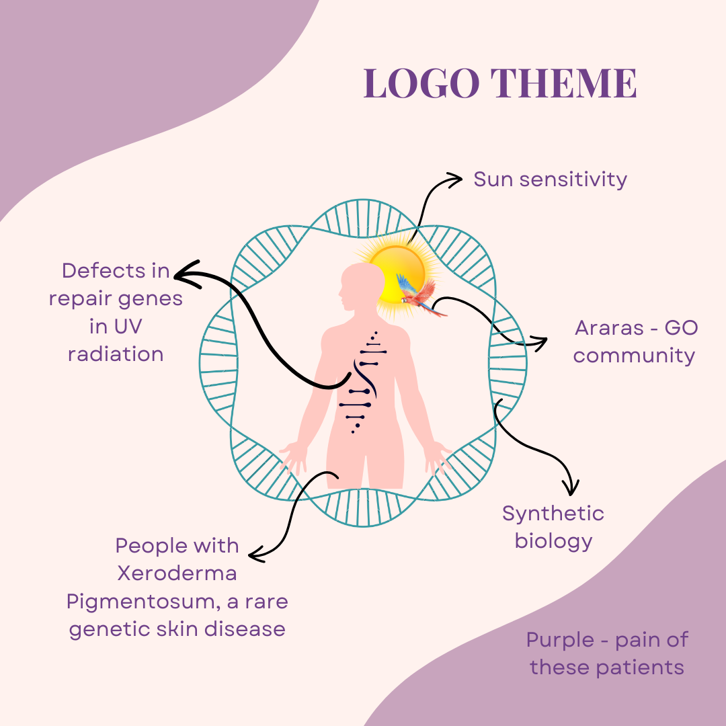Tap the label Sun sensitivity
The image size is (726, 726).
[x=550, y=179]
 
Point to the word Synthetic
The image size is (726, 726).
[x=553, y=514]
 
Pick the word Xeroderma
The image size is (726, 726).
[x=177, y=573]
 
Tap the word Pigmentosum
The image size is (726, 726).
[x=140, y=601]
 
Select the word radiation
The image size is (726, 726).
[x=116, y=354]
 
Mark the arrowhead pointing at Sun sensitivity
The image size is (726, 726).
[x=456, y=179]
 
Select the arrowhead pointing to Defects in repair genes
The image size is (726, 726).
[x=182, y=272]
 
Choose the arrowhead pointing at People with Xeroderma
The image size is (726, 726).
[x=255, y=555]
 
